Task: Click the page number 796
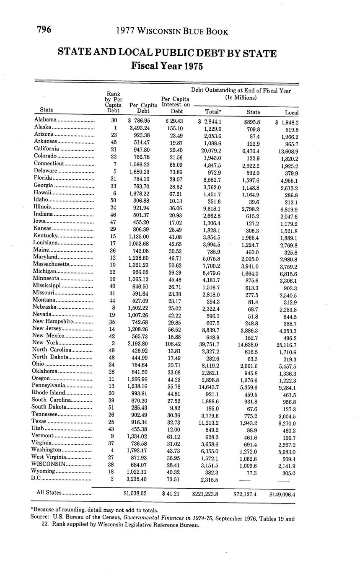tap(44, 29)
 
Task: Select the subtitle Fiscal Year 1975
tap(167, 66)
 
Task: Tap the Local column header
tap(291, 112)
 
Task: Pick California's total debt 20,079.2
tap(211, 150)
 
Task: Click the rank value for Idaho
tap(114, 201)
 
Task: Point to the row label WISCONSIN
tap(49, 464)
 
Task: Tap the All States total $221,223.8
tap(205, 494)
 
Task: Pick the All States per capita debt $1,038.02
tap(135, 493)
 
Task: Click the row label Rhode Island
tap(49, 392)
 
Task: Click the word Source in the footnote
tap(40, 518)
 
